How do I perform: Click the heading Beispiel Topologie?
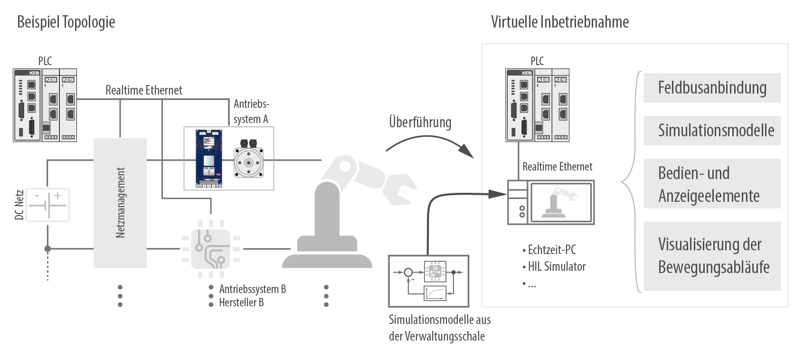coord(66,22)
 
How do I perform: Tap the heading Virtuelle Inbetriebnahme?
coord(559,22)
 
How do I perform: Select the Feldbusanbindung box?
coord(711,88)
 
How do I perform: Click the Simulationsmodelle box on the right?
coord(711,131)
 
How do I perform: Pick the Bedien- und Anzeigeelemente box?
coord(711,184)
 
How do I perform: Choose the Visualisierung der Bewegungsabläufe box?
coord(711,256)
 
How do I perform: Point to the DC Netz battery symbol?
coord(47,205)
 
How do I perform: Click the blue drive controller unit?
coord(208,157)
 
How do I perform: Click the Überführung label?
coord(420,122)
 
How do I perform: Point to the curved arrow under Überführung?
coord(430,144)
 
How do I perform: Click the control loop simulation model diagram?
coord(428,281)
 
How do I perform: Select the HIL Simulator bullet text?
coord(556,266)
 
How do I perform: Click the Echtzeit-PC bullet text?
coord(551,250)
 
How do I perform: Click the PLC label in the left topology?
coord(45,61)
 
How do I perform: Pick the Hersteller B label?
coord(241,303)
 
